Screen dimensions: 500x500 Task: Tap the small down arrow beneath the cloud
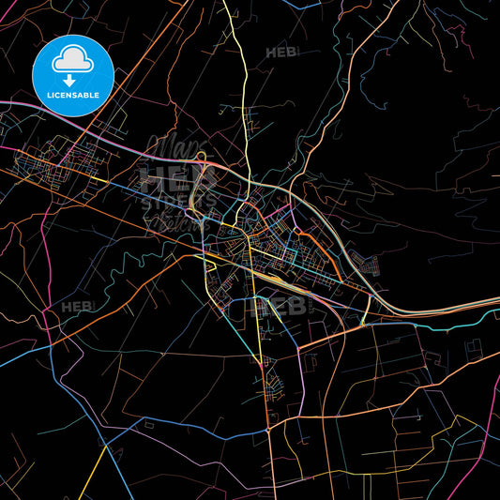point(72,82)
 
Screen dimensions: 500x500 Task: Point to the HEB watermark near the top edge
point(281,53)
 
